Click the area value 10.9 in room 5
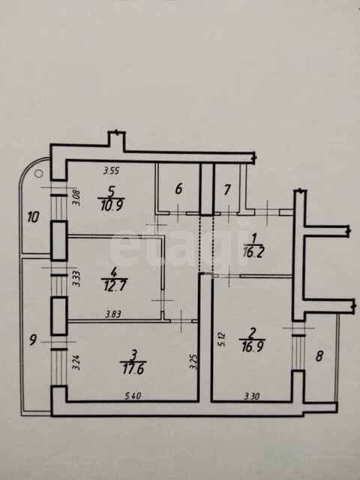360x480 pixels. coord(112,205)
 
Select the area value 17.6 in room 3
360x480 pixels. coord(133,368)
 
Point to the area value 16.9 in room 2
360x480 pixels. coord(252,346)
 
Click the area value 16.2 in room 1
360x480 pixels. coord(253,252)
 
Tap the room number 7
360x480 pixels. coord(226,190)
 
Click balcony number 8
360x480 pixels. coord(319,356)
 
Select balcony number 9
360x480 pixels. coord(33,340)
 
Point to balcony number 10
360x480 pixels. coord(33,217)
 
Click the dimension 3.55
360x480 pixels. coord(111,170)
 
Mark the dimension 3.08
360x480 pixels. coord(76,198)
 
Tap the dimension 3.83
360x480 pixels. coord(113,314)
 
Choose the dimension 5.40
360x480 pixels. coord(133,396)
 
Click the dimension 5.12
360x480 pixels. coord(221,340)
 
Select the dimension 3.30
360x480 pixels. coord(252,397)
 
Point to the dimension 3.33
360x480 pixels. coord(76,278)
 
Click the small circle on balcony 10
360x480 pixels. coord(39,173)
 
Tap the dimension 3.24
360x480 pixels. coord(76,363)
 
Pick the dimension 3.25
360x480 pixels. coord(193,362)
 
